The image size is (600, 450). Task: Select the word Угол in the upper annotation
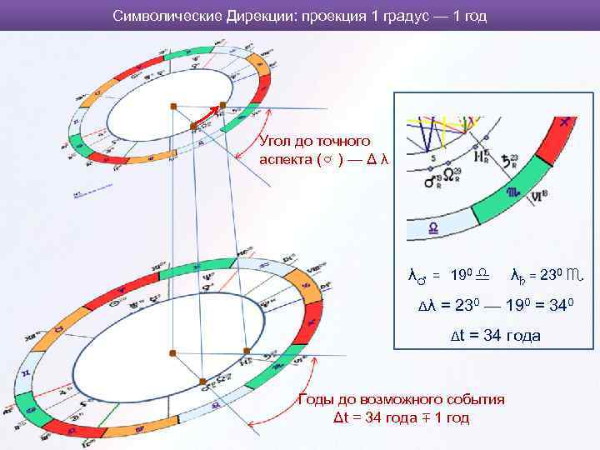click(277, 141)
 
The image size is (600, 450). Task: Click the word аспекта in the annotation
click(286, 158)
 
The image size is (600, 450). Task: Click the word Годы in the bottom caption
click(318, 399)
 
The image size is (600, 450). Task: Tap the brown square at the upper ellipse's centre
click(193, 126)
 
